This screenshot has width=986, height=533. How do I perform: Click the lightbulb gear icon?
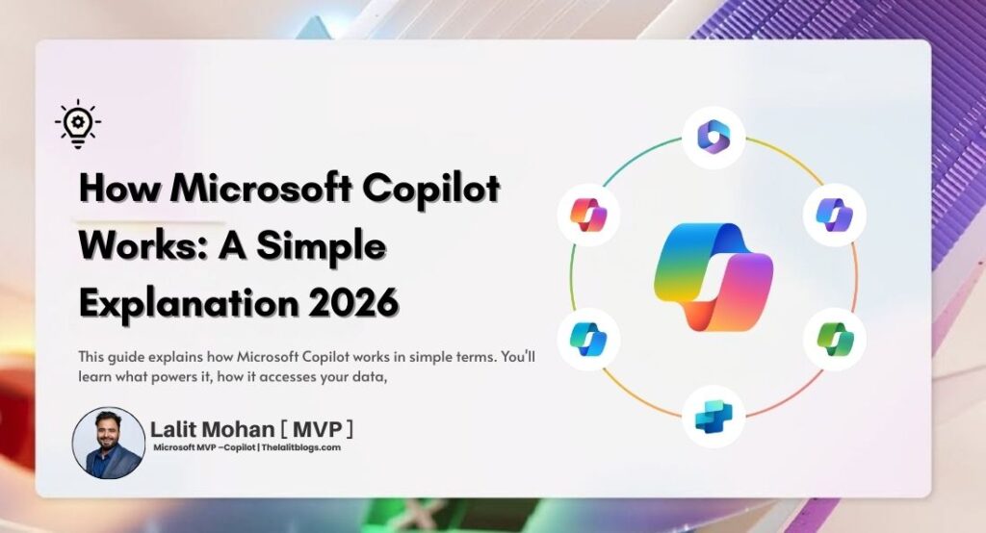click(x=77, y=125)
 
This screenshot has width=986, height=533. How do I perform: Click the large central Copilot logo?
click(x=714, y=275)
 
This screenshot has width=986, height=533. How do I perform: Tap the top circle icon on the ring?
click(x=714, y=137)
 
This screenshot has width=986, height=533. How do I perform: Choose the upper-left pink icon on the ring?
click(x=588, y=214)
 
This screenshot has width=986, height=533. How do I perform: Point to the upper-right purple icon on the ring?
click(x=835, y=214)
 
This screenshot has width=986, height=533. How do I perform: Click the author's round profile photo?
click(x=109, y=443)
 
